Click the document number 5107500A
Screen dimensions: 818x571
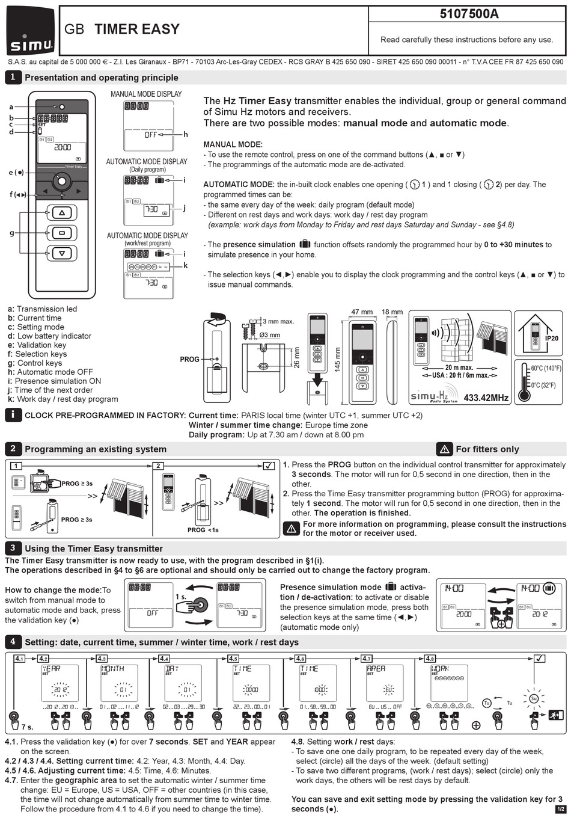click(469, 14)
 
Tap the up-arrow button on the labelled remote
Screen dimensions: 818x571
click(61, 213)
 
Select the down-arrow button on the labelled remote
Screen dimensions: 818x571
click(61, 253)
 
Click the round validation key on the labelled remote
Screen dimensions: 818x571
click(61, 180)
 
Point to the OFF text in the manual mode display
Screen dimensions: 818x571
click(150, 135)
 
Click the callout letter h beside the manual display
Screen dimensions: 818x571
click(186, 135)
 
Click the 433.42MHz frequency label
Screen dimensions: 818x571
click(486, 398)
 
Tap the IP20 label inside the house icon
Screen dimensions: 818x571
click(551, 339)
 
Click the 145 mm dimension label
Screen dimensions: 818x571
click(337, 360)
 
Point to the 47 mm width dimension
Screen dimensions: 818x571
click(362, 312)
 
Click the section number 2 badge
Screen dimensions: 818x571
click(13, 449)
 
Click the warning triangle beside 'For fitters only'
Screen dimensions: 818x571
click(444, 449)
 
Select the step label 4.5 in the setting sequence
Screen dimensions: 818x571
click(233, 659)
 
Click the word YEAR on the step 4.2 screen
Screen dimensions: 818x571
click(51, 668)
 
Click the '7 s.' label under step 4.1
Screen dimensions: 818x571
click(27, 727)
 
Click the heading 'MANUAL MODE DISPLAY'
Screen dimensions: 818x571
click(146, 94)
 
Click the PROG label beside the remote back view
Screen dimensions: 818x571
click(189, 359)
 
